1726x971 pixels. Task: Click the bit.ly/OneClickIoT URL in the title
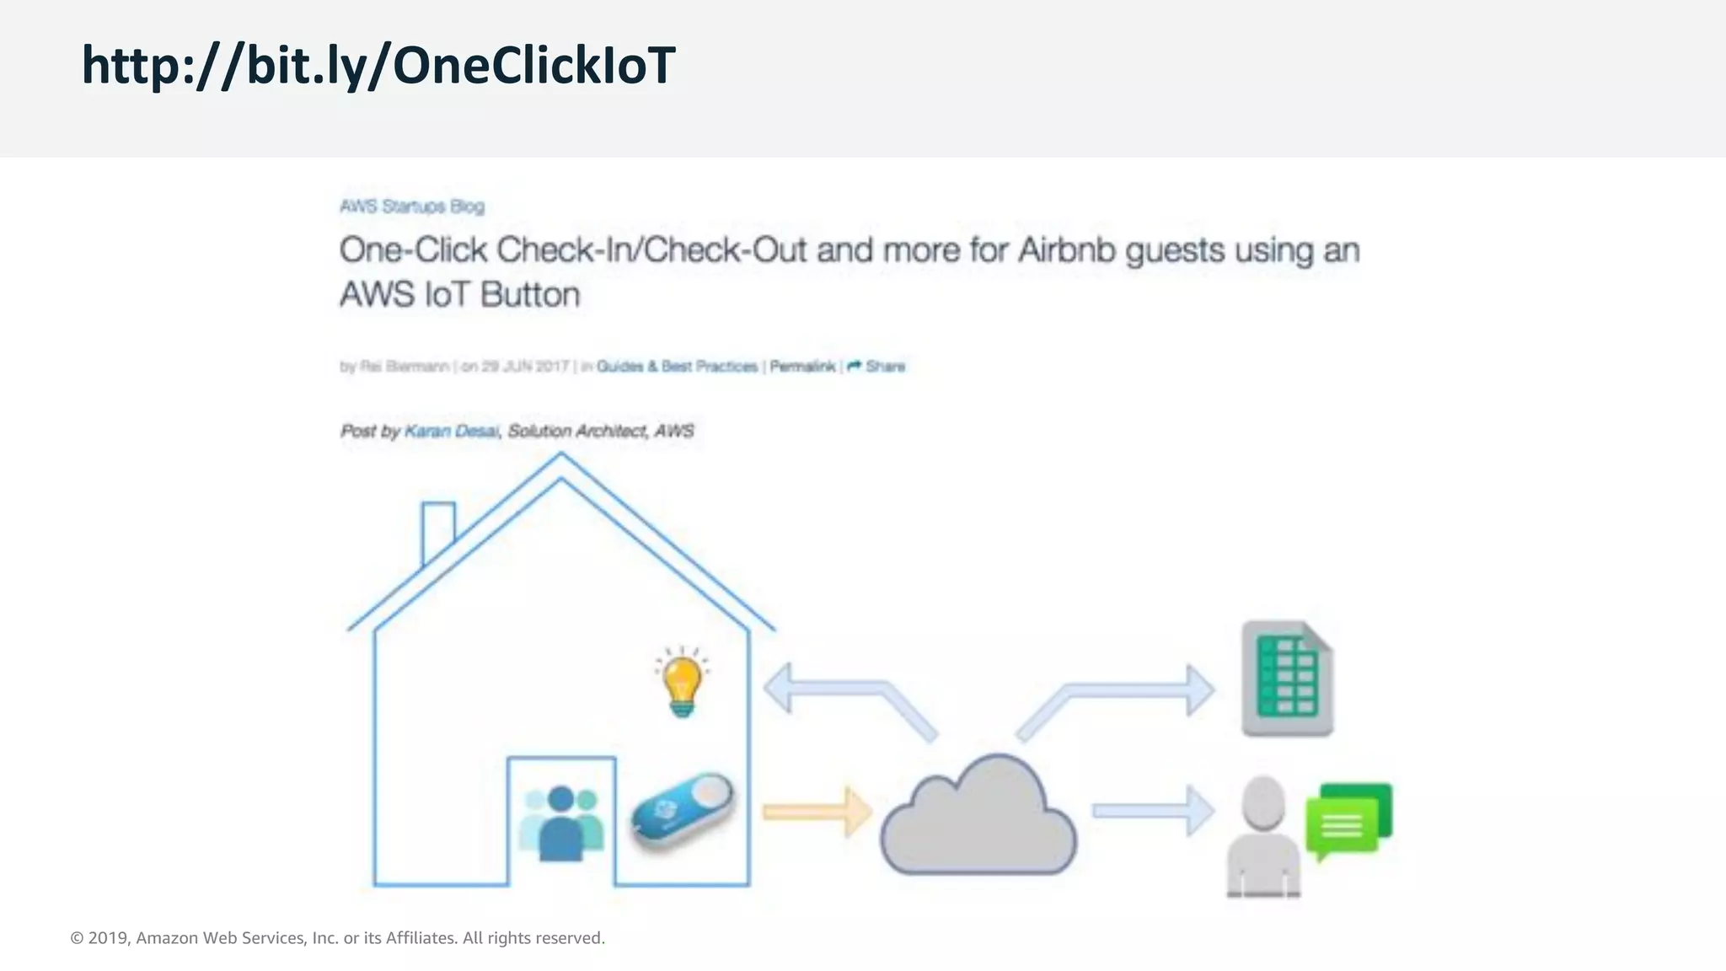click(378, 66)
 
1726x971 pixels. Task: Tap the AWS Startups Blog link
click(411, 207)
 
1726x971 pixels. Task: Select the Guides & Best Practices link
click(677, 366)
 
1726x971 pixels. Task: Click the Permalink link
click(802, 366)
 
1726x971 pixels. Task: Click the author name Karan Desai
click(451, 431)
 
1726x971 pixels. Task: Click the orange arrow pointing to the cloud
click(817, 812)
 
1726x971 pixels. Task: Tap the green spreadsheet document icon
click(1287, 679)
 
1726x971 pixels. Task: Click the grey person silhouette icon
click(1262, 836)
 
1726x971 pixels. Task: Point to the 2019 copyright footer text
click(337, 938)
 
